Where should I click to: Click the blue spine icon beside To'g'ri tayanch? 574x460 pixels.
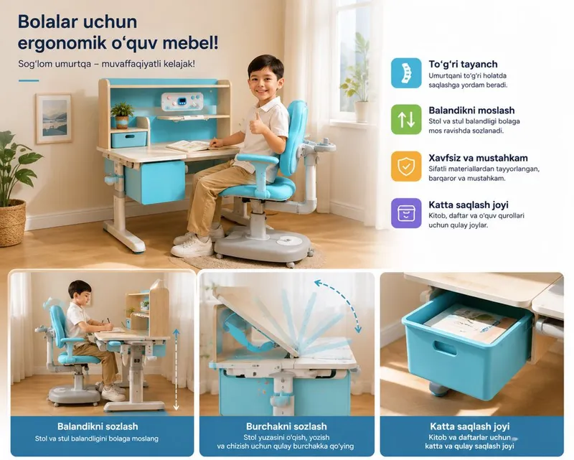click(406, 73)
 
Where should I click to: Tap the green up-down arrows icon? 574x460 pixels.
click(406, 119)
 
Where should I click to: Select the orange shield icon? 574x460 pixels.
click(406, 166)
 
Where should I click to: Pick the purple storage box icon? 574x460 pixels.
click(406, 213)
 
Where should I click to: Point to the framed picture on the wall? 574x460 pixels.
click(54, 118)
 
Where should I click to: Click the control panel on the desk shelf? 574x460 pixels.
click(182, 101)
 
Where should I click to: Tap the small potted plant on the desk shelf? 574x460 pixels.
click(122, 116)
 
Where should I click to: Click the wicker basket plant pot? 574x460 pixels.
click(12, 222)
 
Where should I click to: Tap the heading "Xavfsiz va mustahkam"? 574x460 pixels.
click(478, 158)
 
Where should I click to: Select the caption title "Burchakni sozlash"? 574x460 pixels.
click(286, 426)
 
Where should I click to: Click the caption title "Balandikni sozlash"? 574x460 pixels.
click(98, 426)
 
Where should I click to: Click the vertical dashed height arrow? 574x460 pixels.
click(176, 369)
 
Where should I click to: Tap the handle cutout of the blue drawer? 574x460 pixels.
click(445, 348)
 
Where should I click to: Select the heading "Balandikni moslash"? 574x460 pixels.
click(471, 111)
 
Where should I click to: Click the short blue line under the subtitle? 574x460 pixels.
click(29, 80)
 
